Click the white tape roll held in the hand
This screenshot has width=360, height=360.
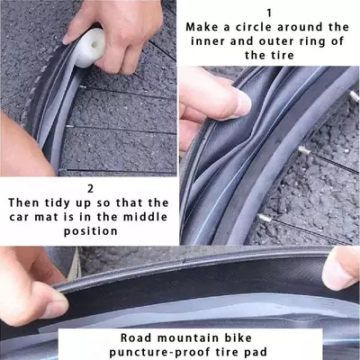pos(89,48)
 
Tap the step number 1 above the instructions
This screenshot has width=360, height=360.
pos(269,13)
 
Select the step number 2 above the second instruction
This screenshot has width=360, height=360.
pos(90,189)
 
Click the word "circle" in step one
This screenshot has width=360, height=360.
pos(253,27)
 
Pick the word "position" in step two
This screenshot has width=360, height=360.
pos(91,231)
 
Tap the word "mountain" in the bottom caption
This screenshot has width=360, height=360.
pos(189,338)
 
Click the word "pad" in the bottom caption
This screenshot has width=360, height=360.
pos(256,352)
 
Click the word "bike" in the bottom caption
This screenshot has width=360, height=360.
pos(238,337)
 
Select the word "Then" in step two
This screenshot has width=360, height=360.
pos(23,202)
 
